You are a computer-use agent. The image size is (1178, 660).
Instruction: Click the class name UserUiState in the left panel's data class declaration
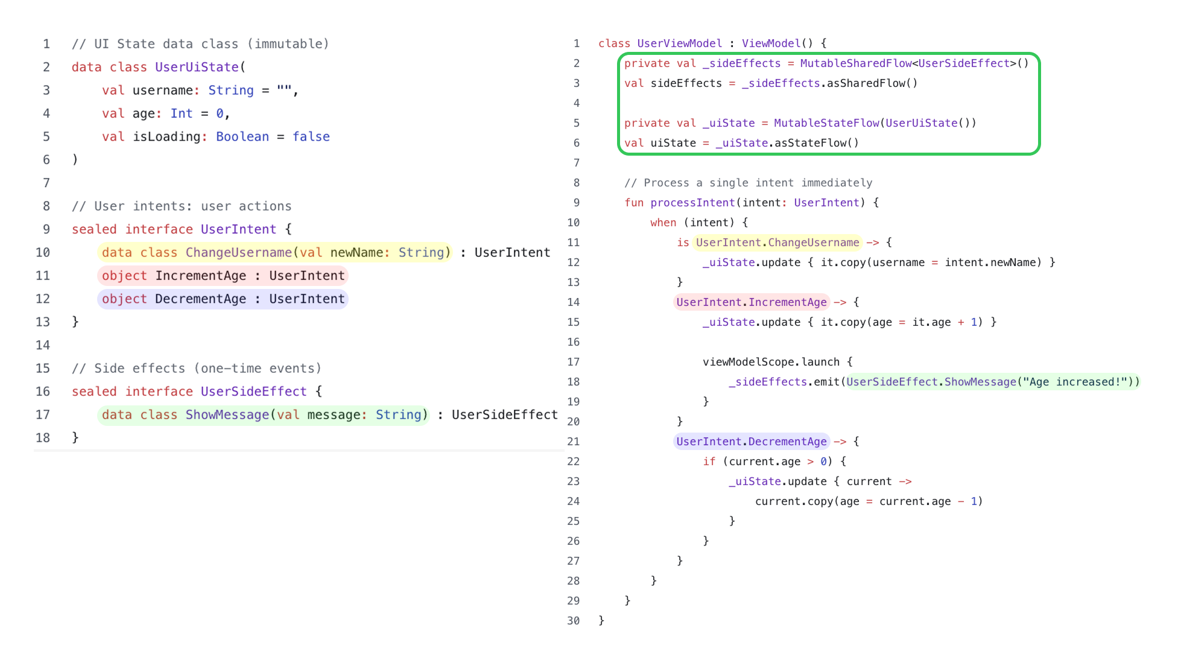tap(197, 67)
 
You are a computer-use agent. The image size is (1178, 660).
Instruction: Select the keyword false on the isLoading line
tap(311, 137)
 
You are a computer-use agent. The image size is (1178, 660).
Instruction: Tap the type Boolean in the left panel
tap(242, 137)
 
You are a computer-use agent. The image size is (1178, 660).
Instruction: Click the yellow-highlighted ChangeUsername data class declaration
tap(275, 253)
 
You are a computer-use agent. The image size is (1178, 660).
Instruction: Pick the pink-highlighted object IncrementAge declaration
tap(223, 276)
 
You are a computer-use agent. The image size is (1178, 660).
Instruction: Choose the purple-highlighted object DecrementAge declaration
tap(223, 299)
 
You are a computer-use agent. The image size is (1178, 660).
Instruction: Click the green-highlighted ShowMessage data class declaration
tap(264, 415)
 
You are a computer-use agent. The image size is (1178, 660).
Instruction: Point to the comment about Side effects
tap(196, 369)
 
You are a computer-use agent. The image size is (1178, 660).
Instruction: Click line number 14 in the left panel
tap(43, 345)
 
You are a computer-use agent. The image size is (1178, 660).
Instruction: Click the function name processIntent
tap(692, 203)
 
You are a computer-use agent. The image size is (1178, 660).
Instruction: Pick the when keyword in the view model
tap(663, 223)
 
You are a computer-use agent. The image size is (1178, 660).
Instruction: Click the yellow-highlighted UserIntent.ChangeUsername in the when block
tap(777, 243)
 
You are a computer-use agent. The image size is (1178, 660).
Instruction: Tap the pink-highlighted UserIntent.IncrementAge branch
tap(751, 302)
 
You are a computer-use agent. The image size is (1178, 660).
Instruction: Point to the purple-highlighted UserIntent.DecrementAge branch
tap(751, 442)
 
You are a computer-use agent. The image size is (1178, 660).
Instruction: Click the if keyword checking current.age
tap(709, 462)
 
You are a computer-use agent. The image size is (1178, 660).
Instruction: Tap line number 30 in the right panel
tap(573, 621)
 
